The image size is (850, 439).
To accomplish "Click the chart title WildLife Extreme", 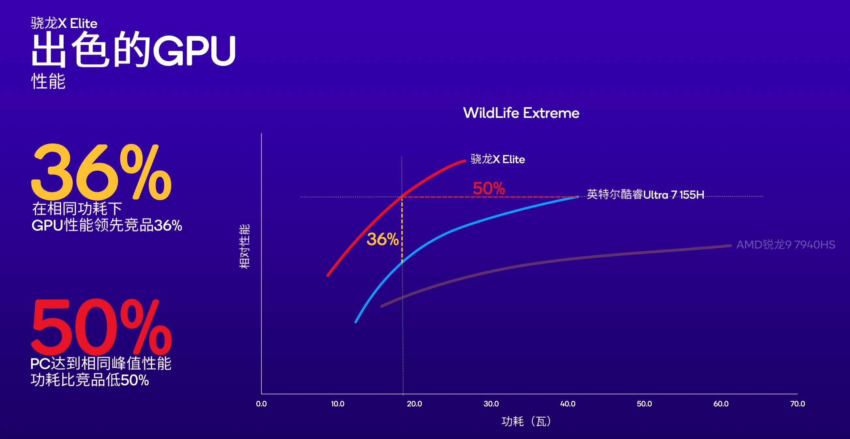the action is click(521, 113).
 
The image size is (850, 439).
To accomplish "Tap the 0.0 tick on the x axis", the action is click(261, 404).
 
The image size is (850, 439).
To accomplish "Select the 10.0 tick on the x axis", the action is click(338, 404).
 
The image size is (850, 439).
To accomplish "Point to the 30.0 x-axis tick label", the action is click(491, 404).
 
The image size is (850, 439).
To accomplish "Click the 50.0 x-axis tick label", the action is click(644, 404).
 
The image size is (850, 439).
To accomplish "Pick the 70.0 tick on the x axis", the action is click(797, 404).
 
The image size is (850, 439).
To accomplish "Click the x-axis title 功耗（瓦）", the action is click(526, 421).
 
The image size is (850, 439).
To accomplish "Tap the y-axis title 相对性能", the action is click(244, 247).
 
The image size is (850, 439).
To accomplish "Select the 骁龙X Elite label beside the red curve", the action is click(498, 160).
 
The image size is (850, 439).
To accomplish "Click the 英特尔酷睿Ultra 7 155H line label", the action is click(645, 194).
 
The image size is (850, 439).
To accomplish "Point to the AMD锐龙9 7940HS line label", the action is click(786, 245).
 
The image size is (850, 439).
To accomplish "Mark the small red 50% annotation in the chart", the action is click(489, 189).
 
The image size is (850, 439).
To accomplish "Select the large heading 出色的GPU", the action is click(133, 50).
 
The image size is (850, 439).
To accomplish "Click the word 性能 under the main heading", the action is click(48, 81).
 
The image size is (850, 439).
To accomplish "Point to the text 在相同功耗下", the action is click(77, 209).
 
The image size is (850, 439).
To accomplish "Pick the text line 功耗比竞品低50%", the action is click(90, 380).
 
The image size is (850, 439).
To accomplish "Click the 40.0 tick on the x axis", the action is click(568, 404).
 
